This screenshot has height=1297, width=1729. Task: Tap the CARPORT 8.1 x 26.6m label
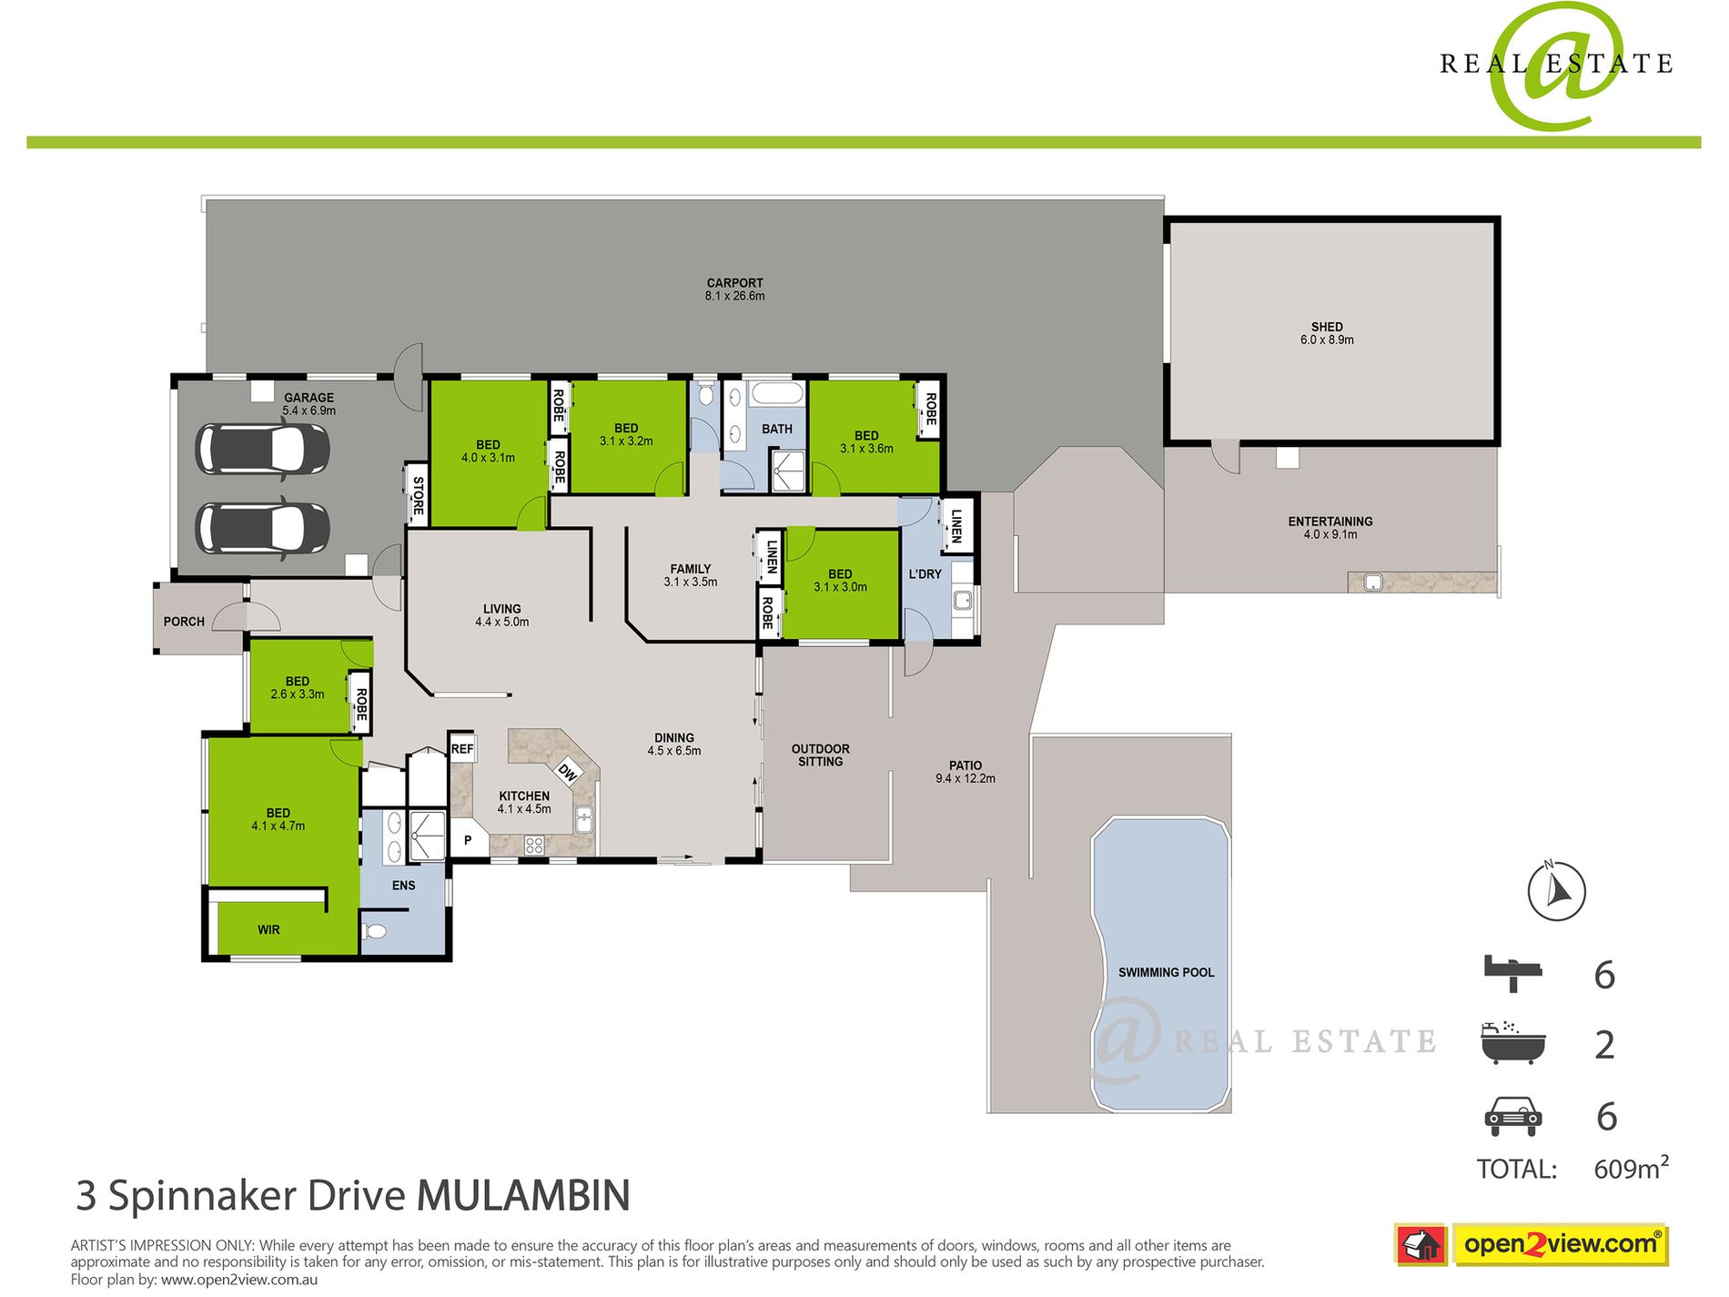coord(734,289)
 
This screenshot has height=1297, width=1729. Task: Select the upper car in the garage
coord(262,449)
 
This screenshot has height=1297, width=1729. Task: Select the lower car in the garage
coord(262,528)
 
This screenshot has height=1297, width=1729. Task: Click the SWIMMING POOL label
coord(1166,972)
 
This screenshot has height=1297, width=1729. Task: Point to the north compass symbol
coord(1556,890)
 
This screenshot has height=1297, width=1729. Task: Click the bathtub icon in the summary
coord(1512,1043)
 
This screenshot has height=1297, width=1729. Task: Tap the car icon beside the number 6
coord(1512,1116)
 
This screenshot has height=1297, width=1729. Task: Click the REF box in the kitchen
coord(462,748)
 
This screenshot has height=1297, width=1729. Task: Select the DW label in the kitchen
coord(568,773)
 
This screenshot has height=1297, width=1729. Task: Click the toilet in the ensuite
coord(375,931)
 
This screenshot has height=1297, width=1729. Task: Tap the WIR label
coord(268,929)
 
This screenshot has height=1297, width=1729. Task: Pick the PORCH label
coord(184,622)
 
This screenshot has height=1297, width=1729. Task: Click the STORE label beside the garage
coord(418,495)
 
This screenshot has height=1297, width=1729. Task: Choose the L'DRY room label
coord(925,574)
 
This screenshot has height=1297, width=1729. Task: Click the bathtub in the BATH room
coord(777,396)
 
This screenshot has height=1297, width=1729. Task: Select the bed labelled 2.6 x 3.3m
coord(297,687)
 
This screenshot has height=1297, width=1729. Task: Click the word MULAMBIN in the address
coord(523,1196)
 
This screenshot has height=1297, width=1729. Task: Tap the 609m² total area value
coord(1630,1169)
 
